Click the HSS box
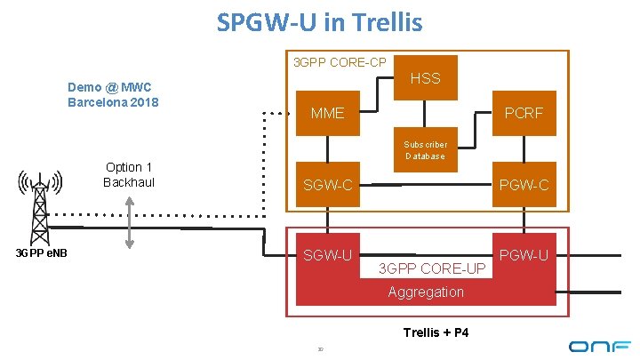pyautogui.click(x=425, y=78)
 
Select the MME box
pyautogui.click(x=326, y=114)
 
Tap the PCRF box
pyautogui.click(x=524, y=114)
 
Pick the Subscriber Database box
pyautogui.click(x=425, y=150)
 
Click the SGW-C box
pyautogui.click(x=327, y=185)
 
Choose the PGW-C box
pyautogui.click(x=524, y=185)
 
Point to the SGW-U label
pyautogui.click(x=327, y=256)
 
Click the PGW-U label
pyautogui.click(x=524, y=256)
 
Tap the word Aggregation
pyautogui.click(x=425, y=292)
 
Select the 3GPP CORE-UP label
pyautogui.click(x=431, y=268)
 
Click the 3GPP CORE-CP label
pyautogui.click(x=340, y=62)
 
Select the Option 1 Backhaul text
pyautogui.click(x=129, y=174)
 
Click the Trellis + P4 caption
pyautogui.click(x=436, y=332)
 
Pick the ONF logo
pyautogui.click(x=599, y=345)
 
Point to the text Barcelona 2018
pyautogui.click(x=113, y=101)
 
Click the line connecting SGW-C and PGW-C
pyautogui.click(x=431, y=185)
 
